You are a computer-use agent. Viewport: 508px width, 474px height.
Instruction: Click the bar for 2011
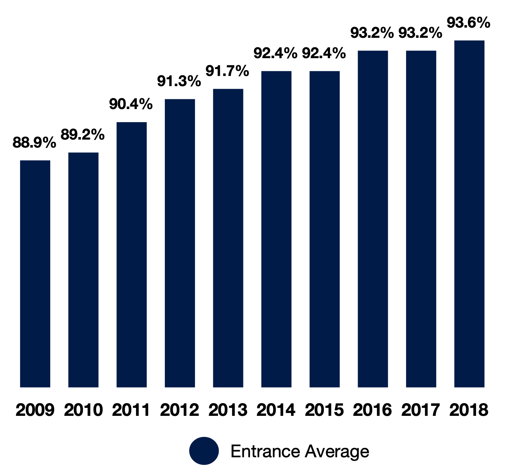pyautogui.click(x=132, y=254)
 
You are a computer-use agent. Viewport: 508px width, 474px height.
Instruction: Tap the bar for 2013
pyautogui.click(x=228, y=238)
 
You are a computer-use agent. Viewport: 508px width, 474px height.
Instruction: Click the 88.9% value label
pyautogui.click(x=34, y=142)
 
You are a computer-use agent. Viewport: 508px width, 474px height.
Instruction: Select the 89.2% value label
pyautogui.click(x=83, y=135)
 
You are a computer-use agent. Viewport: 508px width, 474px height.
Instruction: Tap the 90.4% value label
pyautogui.click(x=131, y=104)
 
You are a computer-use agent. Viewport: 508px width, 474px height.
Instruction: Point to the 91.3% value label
pyautogui.click(x=179, y=81)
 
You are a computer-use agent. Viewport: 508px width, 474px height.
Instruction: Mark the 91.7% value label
pyautogui.click(x=227, y=71)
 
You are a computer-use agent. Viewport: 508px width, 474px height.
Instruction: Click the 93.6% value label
pyautogui.click(x=469, y=23)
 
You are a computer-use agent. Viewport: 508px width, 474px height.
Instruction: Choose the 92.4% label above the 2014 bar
pyautogui.click(x=275, y=53)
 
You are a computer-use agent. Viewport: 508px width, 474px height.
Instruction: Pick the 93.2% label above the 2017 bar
pyautogui.click(x=420, y=33)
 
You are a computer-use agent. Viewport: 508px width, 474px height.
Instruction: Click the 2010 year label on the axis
pyautogui.click(x=83, y=410)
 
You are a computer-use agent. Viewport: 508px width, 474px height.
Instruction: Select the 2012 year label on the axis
pyautogui.click(x=180, y=410)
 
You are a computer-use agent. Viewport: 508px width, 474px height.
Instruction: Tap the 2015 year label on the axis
pyautogui.click(x=324, y=410)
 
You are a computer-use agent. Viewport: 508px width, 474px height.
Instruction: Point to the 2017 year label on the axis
pyautogui.click(x=421, y=410)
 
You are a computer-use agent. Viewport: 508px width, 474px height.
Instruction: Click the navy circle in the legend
pyautogui.click(x=204, y=451)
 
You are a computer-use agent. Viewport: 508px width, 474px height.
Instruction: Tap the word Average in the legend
pyautogui.click(x=337, y=451)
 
